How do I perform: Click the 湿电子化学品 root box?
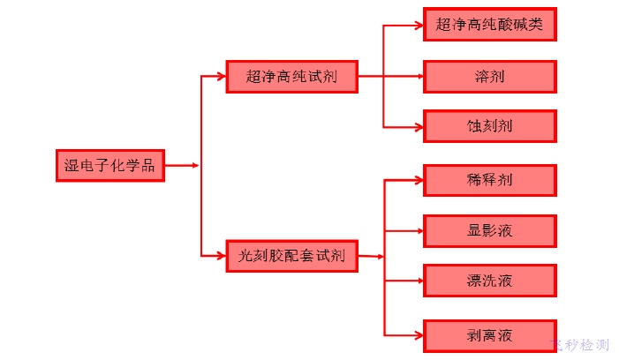click(x=109, y=165)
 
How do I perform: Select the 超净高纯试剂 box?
click(x=291, y=77)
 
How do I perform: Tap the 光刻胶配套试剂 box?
click(x=291, y=256)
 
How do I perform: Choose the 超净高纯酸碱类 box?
click(x=490, y=25)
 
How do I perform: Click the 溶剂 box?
click(x=490, y=76)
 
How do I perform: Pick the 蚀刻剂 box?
click(x=490, y=126)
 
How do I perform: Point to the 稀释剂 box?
click(x=490, y=180)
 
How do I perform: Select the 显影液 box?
click(x=490, y=231)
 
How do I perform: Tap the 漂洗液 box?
click(x=490, y=281)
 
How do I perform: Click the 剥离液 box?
click(x=490, y=334)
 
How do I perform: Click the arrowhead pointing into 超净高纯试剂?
click(x=221, y=77)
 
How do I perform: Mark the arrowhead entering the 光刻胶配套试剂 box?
click(x=221, y=256)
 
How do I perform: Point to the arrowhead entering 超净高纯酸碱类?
click(x=419, y=26)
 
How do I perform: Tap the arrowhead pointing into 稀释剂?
click(x=419, y=180)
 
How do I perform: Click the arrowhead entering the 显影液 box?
click(x=419, y=231)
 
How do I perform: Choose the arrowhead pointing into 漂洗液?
click(x=419, y=281)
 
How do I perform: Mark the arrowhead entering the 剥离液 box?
click(x=419, y=334)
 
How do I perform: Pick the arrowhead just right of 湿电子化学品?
click(x=194, y=165)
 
